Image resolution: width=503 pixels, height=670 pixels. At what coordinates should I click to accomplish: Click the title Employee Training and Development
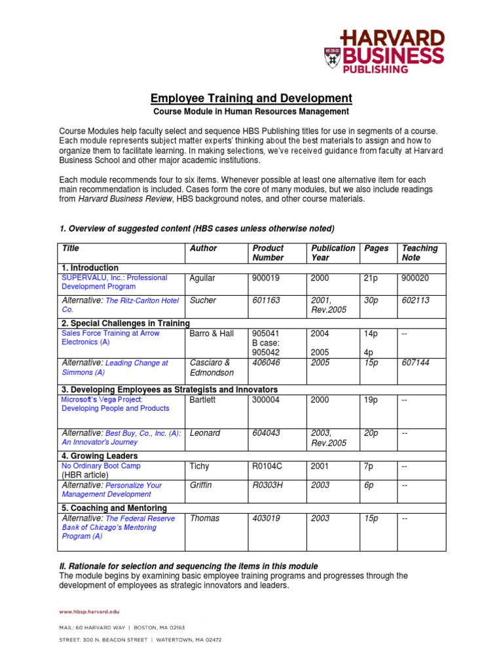tap(251, 98)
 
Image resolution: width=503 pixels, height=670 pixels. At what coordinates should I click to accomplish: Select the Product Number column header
tap(268, 253)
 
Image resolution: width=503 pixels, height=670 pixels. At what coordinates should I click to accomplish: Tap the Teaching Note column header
tap(420, 253)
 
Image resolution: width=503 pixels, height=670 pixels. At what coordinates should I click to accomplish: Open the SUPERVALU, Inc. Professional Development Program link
tap(114, 282)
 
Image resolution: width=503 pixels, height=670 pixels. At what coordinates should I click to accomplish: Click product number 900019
tap(266, 278)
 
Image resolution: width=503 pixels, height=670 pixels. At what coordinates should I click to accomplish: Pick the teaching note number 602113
tap(416, 300)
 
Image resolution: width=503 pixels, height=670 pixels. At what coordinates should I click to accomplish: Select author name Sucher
tap(203, 300)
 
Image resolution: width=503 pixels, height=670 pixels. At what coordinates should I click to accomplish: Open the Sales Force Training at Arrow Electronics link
tap(110, 338)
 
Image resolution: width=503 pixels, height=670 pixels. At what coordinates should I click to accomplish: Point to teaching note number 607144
tap(416, 362)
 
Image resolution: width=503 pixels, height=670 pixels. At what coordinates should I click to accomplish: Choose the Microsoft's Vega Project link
tap(115, 404)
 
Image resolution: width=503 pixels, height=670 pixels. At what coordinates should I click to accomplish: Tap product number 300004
tap(266, 399)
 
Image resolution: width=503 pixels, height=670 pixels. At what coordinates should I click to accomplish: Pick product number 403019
tap(266, 518)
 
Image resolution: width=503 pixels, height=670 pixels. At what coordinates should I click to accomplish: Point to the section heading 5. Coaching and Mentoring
tap(114, 508)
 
